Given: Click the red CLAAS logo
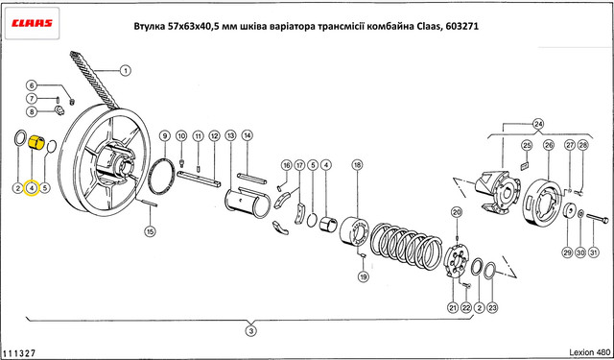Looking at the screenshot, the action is coord(32,23).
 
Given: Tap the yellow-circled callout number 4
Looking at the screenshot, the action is coord(32,188).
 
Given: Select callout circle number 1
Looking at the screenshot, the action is coord(125,71).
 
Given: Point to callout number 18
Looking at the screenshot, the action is coord(357,165).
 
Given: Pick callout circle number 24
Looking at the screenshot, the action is coord(538,124).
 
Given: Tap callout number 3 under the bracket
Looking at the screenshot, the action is coord(251,331).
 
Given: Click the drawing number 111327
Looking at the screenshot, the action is coord(19,353).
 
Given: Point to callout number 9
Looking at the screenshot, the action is coord(165,136).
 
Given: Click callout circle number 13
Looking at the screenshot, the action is coord(230,136).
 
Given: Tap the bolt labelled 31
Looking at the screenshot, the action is coord(597,218).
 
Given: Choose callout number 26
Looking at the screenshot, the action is coord(549,145).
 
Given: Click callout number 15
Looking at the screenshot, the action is coord(150,231).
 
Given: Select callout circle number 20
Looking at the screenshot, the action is coord(457,212).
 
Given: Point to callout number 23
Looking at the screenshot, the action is coord(492,308).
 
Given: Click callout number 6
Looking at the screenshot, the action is coord(32,85).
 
